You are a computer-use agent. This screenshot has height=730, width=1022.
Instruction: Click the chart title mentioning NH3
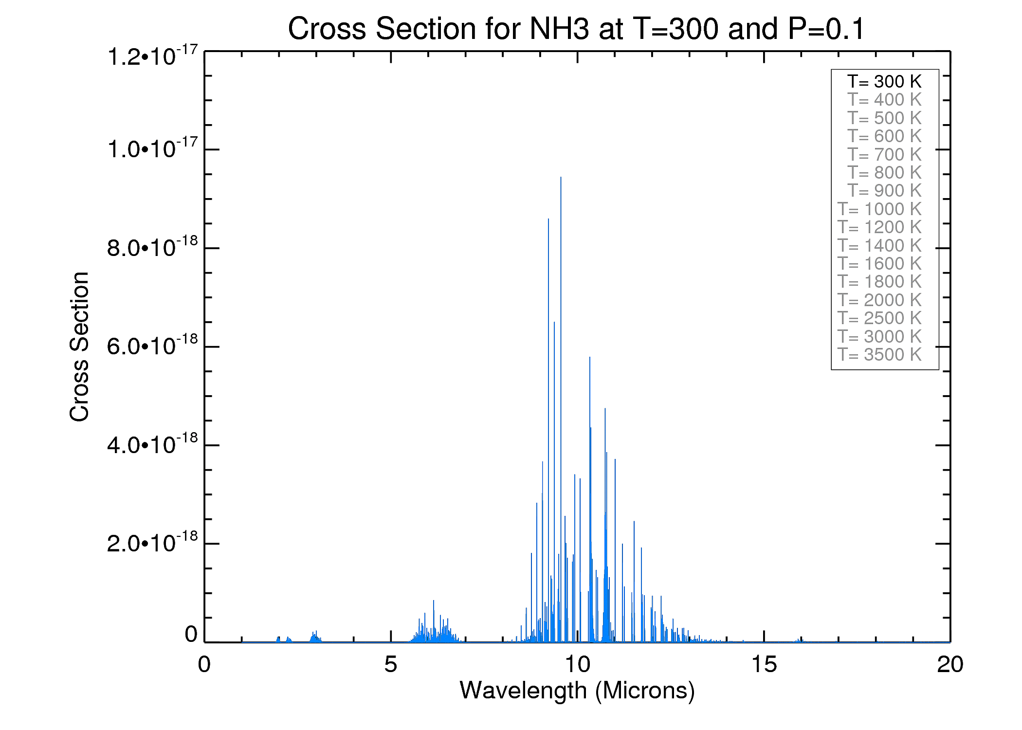pos(576,29)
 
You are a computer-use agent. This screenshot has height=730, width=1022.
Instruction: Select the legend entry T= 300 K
pos(884,81)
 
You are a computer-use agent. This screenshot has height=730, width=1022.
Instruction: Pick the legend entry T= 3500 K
pos(879,355)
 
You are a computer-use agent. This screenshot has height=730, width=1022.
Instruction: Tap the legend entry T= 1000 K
pos(879,209)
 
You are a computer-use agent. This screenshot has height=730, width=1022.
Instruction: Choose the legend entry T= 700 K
pos(884,155)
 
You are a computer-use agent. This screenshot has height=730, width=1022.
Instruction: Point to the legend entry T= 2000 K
pos(879,300)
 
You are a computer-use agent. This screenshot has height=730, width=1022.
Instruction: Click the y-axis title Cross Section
pos(79,347)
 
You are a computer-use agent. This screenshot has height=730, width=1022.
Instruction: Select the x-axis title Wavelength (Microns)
pos(577,691)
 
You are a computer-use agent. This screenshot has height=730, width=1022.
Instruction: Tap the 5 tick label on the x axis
pos(390,665)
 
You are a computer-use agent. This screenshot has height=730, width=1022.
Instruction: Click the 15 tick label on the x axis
pos(764,665)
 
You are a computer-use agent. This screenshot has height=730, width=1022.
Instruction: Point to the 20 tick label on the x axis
pos(949,665)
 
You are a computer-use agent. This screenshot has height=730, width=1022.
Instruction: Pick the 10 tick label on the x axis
pos(577,665)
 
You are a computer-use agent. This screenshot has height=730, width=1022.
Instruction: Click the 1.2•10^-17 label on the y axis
pos(152,55)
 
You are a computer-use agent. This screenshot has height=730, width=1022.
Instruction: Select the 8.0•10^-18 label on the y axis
pos(152,247)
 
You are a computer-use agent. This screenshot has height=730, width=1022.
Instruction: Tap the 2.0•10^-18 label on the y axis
pos(152,542)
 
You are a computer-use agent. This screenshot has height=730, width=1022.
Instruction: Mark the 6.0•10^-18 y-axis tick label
pos(152,346)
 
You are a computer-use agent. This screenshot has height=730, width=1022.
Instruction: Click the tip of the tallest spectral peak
pos(561,178)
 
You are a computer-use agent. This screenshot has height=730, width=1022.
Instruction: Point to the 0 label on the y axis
pos(191,635)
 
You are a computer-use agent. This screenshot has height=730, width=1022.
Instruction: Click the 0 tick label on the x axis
pos(204,665)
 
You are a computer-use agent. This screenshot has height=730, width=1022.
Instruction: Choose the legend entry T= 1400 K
pos(879,246)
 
